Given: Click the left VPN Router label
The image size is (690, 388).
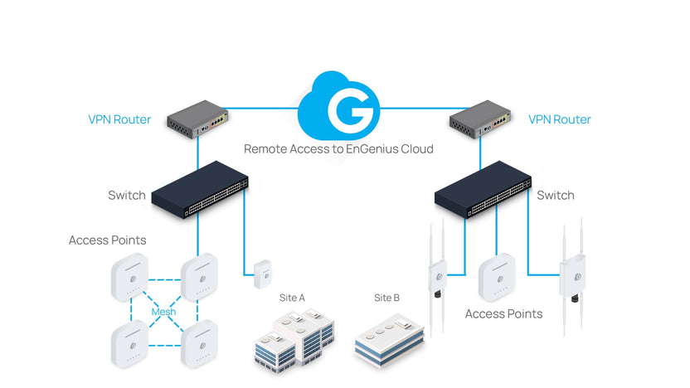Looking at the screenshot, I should (x=119, y=119).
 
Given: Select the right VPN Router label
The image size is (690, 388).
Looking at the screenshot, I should (x=560, y=119).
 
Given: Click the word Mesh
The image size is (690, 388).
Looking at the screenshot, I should (x=163, y=312).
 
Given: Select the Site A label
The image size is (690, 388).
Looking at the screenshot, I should (x=293, y=297).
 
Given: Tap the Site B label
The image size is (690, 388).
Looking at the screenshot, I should (x=386, y=297).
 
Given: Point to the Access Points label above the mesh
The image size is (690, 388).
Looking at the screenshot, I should (x=107, y=240).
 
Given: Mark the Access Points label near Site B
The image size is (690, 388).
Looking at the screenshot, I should (x=503, y=314).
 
